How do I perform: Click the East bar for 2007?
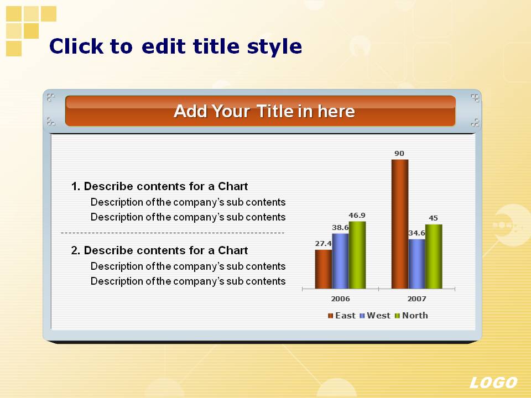[x=400, y=224]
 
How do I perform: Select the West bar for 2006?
[x=340, y=261]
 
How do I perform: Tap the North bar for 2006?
[x=357, y=255]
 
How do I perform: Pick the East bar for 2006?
[x=324, y=269]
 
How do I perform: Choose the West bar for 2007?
[x=417, y=264]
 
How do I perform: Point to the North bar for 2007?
[x=434, y=256]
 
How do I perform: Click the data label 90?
[x=399, y=153]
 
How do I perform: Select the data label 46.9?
[x=357, y=215]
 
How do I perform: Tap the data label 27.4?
[x=324, y=243]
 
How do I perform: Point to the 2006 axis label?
[x=340, y=298]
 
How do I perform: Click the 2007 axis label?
[x=417, y=298]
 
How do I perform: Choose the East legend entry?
[x=342, y=316]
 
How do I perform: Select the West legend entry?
[x=375, y=316]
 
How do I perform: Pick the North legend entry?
[x=411, y=316]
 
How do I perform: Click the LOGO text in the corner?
[x=493, y=383]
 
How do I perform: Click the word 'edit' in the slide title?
[x=164, y=46]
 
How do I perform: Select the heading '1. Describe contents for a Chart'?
[x=159, y=186]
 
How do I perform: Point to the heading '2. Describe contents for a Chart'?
[x=159, y=250]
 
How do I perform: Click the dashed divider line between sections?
[x=173, y=233]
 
